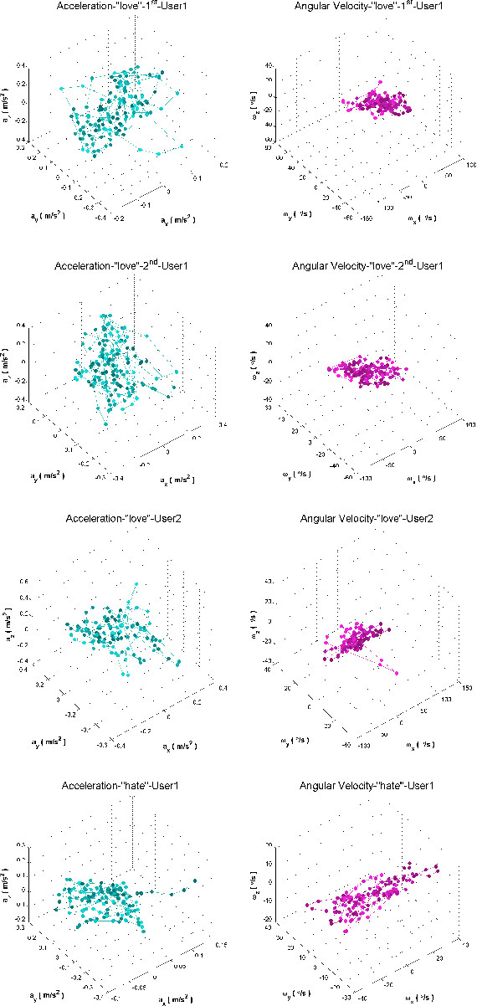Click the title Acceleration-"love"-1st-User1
coord(122,7)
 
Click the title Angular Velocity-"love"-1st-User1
coord(357,7)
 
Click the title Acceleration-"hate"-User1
coord(122,786)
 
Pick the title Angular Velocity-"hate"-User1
coord(357,786)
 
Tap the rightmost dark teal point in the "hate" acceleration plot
coord(195,880)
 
